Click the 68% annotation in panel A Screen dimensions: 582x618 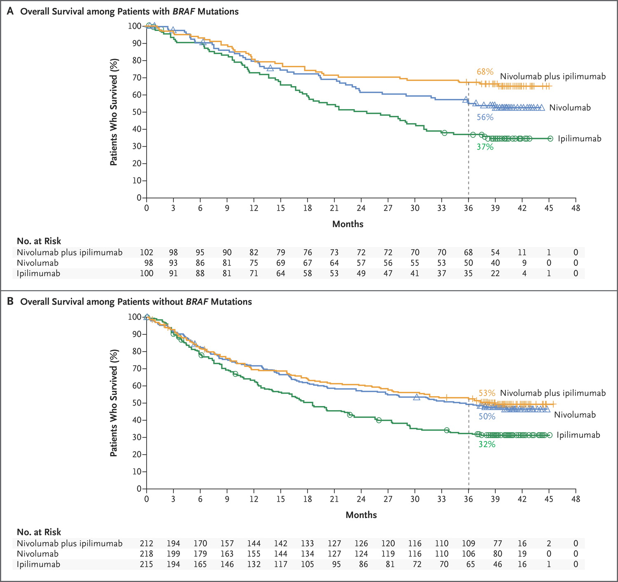click(485, 72)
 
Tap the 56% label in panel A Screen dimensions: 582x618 click(485, 117)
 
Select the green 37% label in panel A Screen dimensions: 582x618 click(485, 147)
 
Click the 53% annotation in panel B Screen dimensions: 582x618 click(487, 393)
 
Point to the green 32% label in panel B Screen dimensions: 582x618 click(487, 444)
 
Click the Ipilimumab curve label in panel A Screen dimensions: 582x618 click(579, 138)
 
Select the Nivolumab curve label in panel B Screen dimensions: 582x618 click(574, 415)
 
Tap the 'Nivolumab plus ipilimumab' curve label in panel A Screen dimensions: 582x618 click(552, 76)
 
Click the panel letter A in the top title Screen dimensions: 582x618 click(10, 12)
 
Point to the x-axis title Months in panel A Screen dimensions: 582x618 click(348, 224)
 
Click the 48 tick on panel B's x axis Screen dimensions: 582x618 click(576, 499)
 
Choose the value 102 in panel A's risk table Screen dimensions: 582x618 click(147, 252)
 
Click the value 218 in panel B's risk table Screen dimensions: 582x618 click(147, 554)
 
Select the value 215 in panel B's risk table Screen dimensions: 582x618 click(147, 564)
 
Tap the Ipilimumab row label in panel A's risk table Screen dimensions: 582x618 click(38, 273)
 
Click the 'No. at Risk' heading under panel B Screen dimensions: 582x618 click(39, 532)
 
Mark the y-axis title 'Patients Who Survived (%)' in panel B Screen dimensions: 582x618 click(114, 403)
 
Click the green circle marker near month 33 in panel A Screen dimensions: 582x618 click(444, 133)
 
